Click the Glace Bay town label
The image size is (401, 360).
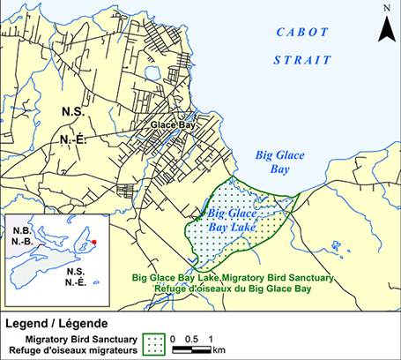click(x=171, y=125)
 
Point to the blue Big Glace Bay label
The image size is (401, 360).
click(x=279, y=161)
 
